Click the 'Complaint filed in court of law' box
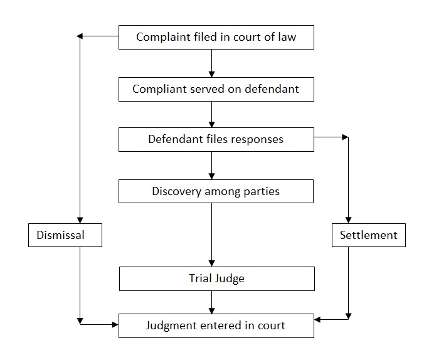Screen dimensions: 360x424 pos(216,37)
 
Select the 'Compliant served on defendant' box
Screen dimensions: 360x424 pos(216,89)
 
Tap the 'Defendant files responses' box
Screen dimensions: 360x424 pos(216,139)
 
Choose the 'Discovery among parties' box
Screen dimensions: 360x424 pos(216,191)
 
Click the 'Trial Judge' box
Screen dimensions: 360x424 pos(216,278)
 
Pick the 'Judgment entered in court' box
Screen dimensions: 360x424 pos(216,326)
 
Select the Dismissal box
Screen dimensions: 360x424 pos(65,236)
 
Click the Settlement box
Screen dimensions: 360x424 pos(369,236)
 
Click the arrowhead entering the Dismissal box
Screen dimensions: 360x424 pos(80,220)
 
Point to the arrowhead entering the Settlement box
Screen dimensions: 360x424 pos(348,220)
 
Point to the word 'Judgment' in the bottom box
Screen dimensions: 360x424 pos(172,326)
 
